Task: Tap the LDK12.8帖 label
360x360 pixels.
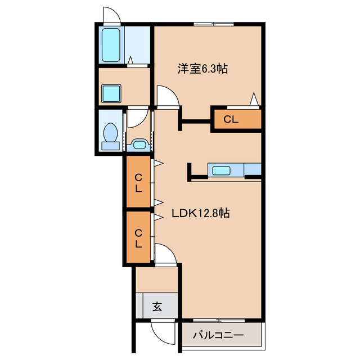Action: [x=201, y=213]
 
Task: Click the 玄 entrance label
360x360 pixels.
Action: [x=157, y=307]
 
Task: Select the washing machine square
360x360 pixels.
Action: [x=111, y=93]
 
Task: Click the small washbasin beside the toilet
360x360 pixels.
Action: [x=138, y=146]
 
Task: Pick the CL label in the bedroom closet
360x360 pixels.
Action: [x=231, y=119]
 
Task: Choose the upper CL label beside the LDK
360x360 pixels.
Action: [x=138, y=183]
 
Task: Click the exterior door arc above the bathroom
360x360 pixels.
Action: [x=111, y=15]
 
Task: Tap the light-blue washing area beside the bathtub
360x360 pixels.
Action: [x=136, y=45]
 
